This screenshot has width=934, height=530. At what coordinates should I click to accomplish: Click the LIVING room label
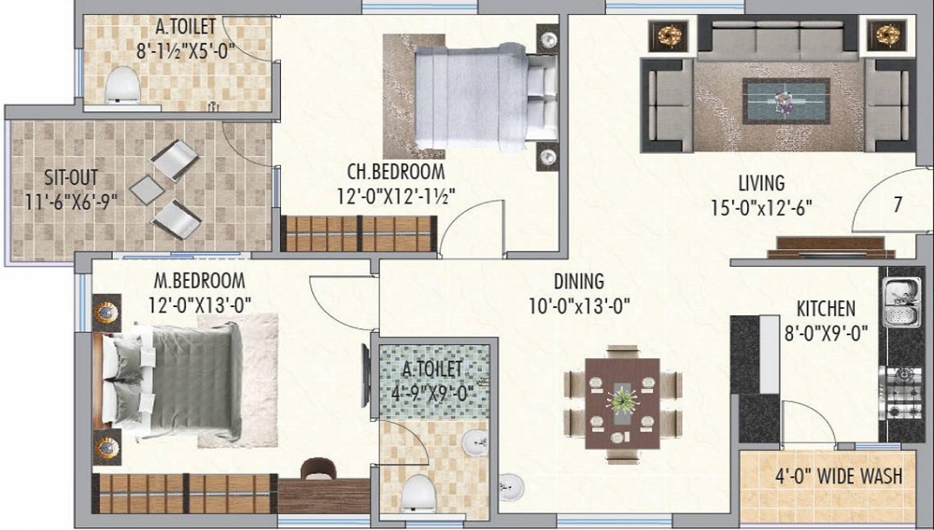(761, 182)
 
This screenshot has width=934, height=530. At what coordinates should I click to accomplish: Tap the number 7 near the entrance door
(897, 204)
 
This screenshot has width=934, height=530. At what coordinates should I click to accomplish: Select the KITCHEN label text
(826, 309)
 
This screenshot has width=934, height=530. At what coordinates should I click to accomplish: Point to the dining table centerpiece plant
(622, 399)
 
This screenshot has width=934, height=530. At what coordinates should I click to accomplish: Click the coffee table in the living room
(785, 101)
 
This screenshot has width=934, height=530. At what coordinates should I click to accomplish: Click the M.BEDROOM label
(200, 280)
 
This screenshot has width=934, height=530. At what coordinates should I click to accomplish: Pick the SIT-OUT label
(71, 178)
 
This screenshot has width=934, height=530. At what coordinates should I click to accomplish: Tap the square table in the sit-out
(148, 189)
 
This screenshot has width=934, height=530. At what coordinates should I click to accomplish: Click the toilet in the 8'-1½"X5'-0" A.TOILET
(122, 86)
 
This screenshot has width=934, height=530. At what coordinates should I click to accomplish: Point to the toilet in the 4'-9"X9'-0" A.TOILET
(418, 493)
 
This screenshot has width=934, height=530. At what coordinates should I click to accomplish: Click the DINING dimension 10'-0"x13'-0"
(580, 306)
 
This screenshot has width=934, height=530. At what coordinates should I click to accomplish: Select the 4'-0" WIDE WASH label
(838, 476)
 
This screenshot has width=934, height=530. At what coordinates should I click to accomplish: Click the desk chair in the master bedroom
(318, 468)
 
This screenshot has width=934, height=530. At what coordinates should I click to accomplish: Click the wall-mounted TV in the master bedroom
(365, 376)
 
